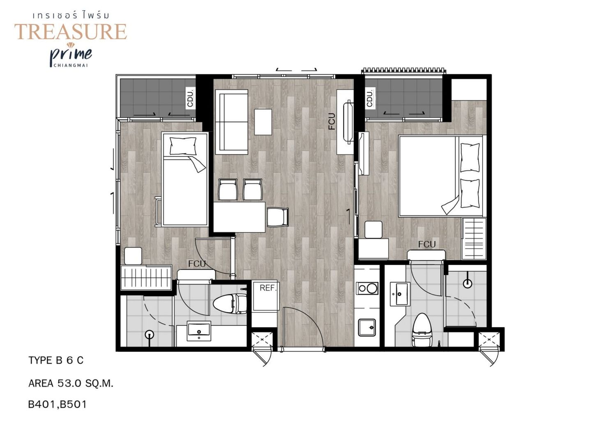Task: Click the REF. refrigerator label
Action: click(x=268, y=288)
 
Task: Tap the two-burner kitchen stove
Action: click(x=367, y=288)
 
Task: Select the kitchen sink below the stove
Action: click(x=367, y=328)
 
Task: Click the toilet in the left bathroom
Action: click(x=230, y=304)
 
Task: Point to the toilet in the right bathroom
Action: click(x=423, y=330)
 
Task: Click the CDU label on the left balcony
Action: click(x=190, y=98)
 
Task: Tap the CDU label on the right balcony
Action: click(x=370, y=98)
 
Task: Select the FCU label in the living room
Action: click(x=332, y=121)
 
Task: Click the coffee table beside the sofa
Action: click(x=263, y=122)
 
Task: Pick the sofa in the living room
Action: click(x=232, y=122)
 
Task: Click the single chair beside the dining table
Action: click(x=278, y=217)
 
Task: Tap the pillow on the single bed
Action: click(x=183, y=146)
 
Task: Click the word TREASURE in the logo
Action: click(x=71, y=32)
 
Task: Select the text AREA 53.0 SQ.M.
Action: click(x=71, y=383)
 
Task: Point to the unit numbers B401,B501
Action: click(x=57, y=405)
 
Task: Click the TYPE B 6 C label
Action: click(x=56, y=360)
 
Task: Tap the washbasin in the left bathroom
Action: click(x=199, y=331)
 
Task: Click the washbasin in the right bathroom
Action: click(x=400, y=294)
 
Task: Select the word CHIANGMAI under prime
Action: click(x=71, y=65)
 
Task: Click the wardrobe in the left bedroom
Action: click(x=146, y=277)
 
